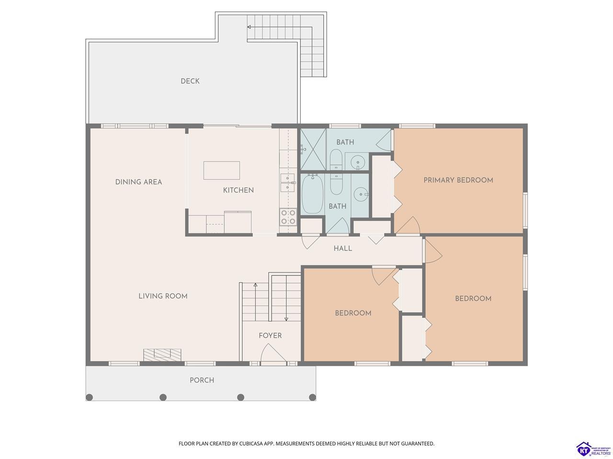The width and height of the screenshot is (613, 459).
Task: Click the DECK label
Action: [190, 81]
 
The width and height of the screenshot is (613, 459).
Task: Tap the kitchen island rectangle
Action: [221, 170]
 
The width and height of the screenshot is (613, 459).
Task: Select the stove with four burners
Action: [288, 217]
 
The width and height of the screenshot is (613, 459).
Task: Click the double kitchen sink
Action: [287, 183]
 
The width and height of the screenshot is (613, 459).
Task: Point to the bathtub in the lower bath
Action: [313, 194]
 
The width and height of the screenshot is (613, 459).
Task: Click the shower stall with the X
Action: [313, 149]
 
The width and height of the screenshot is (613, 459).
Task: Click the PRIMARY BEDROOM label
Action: [458, 180]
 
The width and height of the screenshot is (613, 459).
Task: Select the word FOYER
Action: [270, 336]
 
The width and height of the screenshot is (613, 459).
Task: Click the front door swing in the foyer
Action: [273, 353]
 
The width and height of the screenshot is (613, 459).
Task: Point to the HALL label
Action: [343, 248]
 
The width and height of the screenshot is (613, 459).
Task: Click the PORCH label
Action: [202, 380]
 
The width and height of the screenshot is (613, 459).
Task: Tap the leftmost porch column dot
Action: [90, 397]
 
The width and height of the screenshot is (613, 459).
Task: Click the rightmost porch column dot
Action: [313, 397]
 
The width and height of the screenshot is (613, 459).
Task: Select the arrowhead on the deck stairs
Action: [249, 27]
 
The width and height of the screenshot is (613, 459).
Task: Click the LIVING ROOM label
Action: [163, 296]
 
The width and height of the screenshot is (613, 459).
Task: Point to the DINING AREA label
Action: [138, 182]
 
